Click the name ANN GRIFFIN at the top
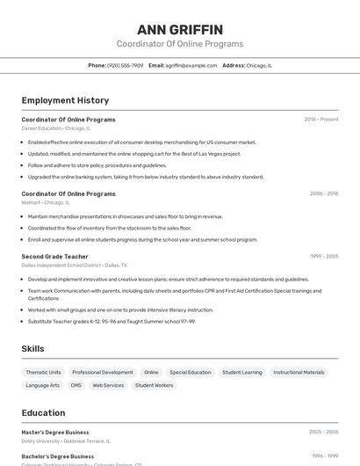180,30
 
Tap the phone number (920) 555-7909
125,65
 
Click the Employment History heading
65,100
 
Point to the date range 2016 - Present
321,120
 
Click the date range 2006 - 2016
323,193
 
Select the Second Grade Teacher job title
54,256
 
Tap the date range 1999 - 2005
324,256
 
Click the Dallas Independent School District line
74,265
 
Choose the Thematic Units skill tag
43,372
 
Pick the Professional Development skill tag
103,372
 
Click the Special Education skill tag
191,372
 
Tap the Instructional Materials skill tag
299,372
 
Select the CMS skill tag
76,385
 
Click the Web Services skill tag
108,385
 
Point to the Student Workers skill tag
154,385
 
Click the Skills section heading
32,349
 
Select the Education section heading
43,412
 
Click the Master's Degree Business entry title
54,433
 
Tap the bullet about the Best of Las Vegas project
133,153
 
